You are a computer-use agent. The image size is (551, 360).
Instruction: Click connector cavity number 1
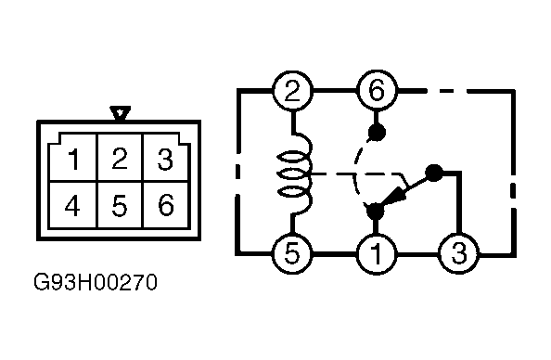point(73,159)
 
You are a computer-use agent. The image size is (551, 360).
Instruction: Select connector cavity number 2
point(120,158)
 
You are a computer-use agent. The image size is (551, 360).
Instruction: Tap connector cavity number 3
point(165,159)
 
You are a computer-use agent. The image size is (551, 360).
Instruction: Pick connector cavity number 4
point(72,205)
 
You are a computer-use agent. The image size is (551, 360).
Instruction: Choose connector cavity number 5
point(120,205)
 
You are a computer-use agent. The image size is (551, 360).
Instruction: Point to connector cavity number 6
point(166,205)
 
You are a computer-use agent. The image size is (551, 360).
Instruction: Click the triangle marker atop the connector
point(121,113)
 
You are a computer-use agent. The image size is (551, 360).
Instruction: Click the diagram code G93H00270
point(96,282)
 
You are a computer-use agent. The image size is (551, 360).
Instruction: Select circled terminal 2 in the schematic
point(292,91)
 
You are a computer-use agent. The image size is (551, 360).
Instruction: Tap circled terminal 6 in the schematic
point(377,91)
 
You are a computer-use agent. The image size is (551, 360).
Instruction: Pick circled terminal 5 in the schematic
point(292,253)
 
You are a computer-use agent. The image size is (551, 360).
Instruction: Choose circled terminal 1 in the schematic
point(376,253)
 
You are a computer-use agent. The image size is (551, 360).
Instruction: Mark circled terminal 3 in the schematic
point(459,253)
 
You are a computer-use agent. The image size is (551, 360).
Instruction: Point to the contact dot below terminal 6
point(377,133)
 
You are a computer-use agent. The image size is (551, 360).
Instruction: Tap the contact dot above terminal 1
point(376,212)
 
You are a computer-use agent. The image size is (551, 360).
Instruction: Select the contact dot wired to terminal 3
point(434,174)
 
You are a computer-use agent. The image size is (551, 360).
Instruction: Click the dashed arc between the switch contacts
point(355,169)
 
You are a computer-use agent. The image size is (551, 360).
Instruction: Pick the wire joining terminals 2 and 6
point(334,91)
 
